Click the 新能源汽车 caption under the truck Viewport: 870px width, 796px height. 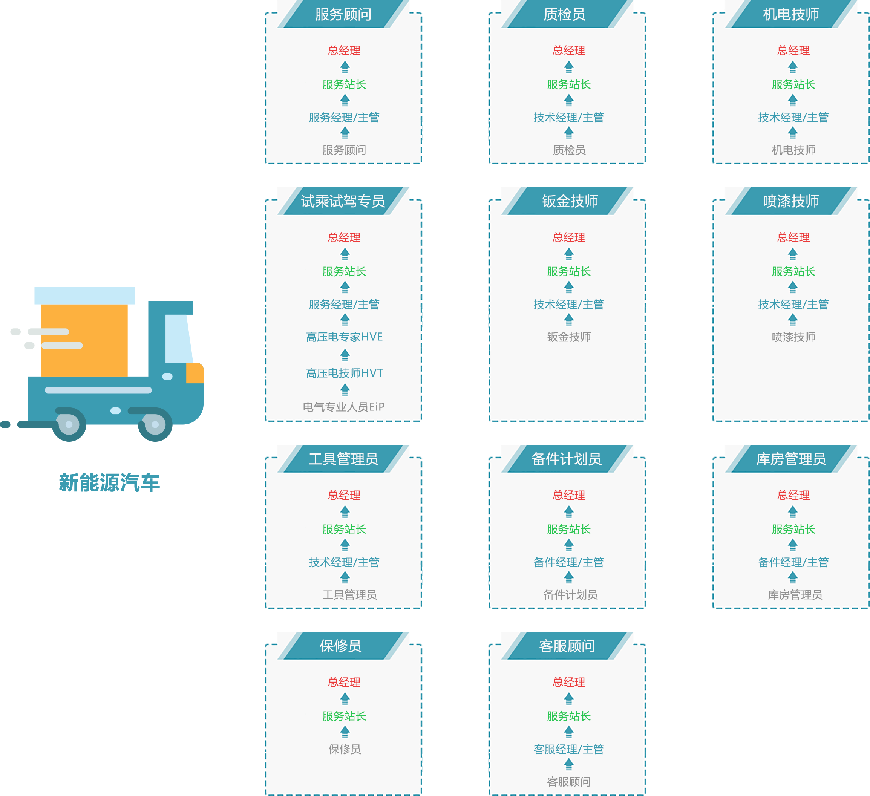point(109,482)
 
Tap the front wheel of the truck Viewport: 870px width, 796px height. point(155,424)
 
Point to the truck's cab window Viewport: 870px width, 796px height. point(178,339)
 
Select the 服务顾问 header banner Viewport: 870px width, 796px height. point(343,15)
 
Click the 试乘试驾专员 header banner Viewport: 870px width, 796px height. point(343,201)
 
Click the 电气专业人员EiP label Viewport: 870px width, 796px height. point(343,407)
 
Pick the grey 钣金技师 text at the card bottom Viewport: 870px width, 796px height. point(569,337)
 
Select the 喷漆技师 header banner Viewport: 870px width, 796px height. point(791,201)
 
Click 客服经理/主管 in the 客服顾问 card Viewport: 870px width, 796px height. point(569,749)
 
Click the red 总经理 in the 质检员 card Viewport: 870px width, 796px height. point(569,51)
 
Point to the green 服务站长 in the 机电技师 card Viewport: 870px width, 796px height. point(793,84)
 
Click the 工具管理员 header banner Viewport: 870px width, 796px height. point(343,459)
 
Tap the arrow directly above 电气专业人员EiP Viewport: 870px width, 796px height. point(345,390)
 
